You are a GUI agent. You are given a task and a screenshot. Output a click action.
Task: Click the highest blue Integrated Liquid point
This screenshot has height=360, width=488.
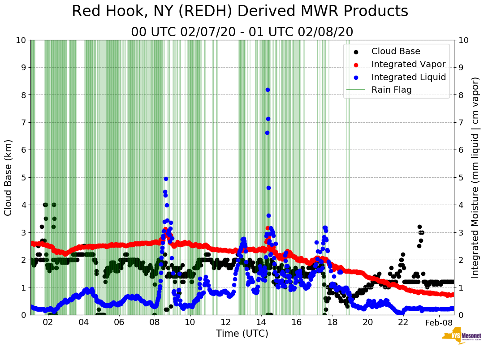268,90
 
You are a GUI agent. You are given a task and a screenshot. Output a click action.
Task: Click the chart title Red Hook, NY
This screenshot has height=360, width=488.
240,11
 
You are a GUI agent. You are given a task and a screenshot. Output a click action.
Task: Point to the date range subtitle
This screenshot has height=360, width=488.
242,32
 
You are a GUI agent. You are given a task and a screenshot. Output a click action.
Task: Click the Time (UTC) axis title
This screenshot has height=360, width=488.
242,334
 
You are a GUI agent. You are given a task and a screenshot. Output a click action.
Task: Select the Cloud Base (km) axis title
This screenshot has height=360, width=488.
8,177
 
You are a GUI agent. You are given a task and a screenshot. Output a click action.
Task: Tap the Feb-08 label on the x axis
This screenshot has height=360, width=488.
439,322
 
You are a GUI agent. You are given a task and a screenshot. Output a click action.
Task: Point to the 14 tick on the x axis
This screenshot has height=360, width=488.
261,322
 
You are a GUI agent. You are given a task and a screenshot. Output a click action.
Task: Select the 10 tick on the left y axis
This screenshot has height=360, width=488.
21,40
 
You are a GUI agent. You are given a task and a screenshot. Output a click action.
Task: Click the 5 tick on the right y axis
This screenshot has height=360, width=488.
461,177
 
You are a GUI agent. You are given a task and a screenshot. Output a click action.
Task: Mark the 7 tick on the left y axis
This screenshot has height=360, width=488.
23,122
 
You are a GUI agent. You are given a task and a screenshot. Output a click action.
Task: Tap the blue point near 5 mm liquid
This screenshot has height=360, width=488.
166,179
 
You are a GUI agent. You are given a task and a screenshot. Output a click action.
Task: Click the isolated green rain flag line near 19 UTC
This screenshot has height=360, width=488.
348,179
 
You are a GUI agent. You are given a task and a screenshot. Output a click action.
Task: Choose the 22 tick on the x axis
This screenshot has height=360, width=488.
403,322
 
